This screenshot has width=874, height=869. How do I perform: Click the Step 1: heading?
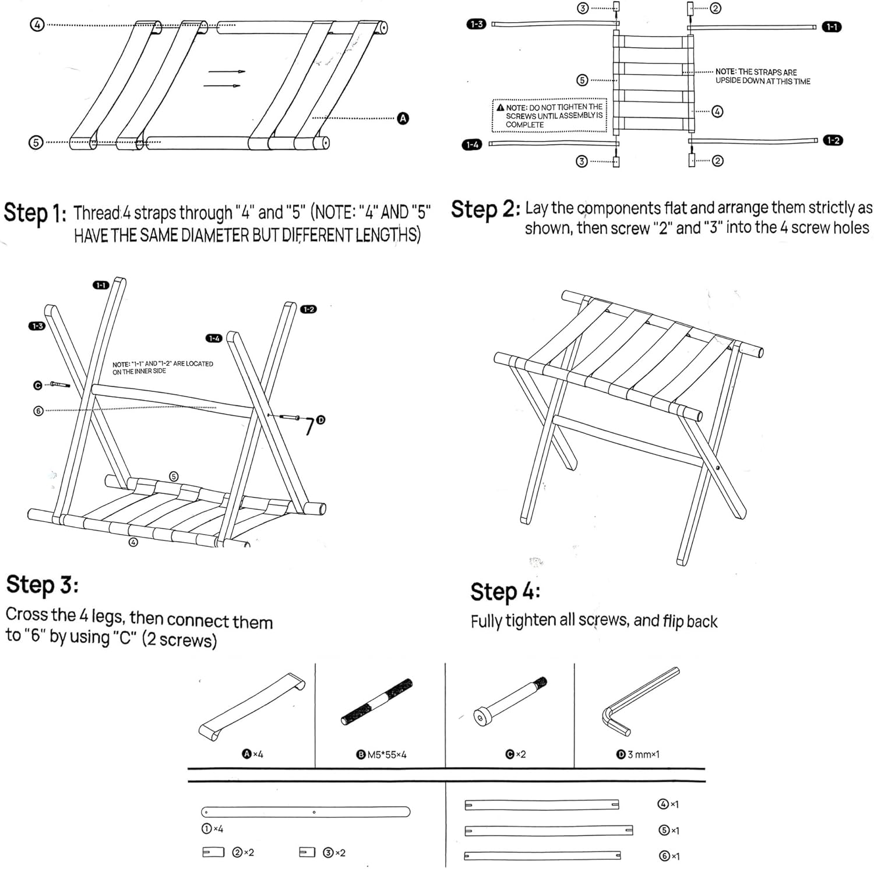tap(35, 213)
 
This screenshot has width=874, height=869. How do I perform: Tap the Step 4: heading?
tap(505, 591)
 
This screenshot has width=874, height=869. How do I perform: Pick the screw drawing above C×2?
tap(511, 701)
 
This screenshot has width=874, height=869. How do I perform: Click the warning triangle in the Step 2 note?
tap(499, 108)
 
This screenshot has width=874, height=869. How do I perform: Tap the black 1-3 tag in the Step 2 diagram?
tap(475, 24)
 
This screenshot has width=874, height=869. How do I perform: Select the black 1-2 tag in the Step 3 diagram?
tap(308, 309)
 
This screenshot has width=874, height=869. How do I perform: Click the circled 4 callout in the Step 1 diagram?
tap(37, 25)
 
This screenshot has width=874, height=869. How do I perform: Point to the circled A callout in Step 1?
tap(403, 118)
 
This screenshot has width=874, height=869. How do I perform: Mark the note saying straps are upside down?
tap(762, 76)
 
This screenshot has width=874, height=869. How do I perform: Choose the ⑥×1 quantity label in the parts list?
tap(668, 856)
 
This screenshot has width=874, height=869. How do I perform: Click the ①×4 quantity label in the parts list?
tap(212, 828)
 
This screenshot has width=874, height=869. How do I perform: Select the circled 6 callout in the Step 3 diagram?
tap(38, 411)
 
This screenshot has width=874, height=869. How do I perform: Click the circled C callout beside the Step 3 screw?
tap(38, 385)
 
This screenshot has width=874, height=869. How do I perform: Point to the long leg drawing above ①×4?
tap(305, 811)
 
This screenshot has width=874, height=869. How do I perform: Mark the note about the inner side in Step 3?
tap(163, 368)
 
